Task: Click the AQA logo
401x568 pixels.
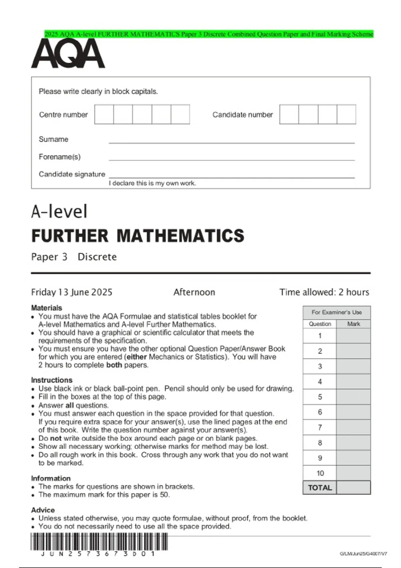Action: point(68,53)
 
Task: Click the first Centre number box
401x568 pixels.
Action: point(104,114)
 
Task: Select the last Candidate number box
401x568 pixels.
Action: point(346,114)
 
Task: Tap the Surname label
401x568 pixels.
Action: point(53,139)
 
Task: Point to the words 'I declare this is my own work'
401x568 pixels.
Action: point(152,183)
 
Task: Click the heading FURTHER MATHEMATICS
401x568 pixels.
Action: point(138,236)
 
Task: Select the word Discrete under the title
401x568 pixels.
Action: point(97,257)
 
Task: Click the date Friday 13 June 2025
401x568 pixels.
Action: point(72,292)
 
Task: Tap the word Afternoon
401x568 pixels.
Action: point(194,292)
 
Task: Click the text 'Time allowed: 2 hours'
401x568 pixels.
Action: point(324,292)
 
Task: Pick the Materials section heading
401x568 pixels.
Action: point(46,308)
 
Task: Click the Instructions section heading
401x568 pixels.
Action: point(51,380)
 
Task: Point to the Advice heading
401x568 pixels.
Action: point(43,510)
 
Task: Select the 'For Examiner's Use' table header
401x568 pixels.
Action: point(337,312)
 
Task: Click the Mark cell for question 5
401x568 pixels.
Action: point(353,397)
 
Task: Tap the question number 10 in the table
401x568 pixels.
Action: point(320,473)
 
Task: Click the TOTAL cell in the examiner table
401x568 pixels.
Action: point(320,487)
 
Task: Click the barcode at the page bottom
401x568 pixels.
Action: point(99,542)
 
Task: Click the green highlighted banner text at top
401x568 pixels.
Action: point(209,34)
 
